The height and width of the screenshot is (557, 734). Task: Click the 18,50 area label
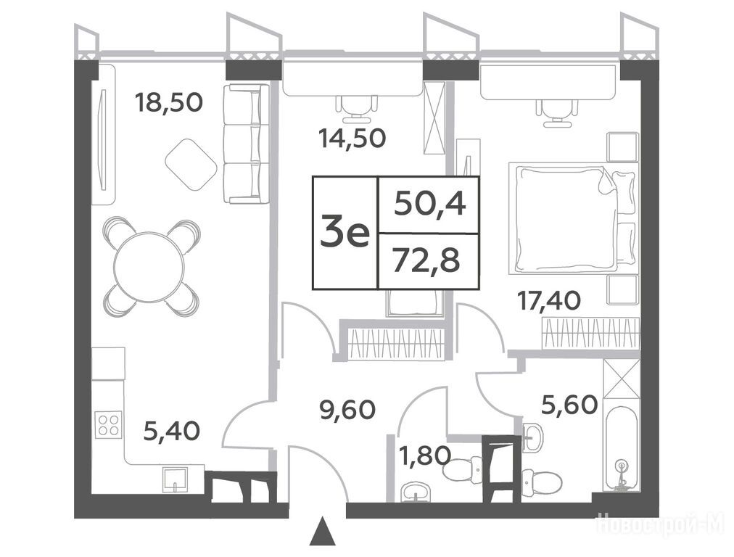168,102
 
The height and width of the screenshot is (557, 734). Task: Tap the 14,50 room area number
352,138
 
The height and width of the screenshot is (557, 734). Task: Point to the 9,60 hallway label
347,410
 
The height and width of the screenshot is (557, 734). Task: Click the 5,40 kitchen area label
171,431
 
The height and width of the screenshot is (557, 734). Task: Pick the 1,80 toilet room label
424,455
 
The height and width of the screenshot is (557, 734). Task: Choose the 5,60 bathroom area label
569,405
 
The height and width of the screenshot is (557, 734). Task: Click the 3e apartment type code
345,234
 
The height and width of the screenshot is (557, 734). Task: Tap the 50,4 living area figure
429,205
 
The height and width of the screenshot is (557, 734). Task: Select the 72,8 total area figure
426,260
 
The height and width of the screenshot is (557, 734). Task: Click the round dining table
149,265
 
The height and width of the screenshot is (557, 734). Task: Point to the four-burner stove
109,424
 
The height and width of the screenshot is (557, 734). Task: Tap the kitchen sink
176,480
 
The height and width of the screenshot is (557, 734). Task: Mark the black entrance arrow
323,532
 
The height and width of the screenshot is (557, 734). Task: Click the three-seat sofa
247,144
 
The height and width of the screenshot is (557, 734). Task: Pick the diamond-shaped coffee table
191,165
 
